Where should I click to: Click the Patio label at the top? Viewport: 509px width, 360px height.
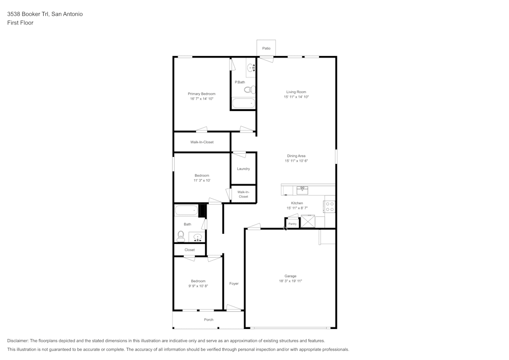click(266, 48)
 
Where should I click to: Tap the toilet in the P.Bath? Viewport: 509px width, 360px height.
click(248, 90)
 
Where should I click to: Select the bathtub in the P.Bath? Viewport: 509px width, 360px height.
click(243, 103)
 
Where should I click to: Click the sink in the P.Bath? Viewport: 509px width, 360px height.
click(251, 67)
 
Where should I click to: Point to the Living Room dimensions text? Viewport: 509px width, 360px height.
click(296, 97)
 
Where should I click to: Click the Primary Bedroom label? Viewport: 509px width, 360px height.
click(202, 94)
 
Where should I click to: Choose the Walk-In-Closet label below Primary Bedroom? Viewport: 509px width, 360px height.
click(202, 142)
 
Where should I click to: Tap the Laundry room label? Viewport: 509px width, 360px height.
click(243, 169)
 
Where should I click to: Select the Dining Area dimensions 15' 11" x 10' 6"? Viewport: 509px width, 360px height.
click(296, 161)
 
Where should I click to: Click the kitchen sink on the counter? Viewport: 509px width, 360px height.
click(302, 189)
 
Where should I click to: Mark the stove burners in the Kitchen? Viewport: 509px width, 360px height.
click(330, 206)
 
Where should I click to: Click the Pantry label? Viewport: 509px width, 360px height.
click(292, 224)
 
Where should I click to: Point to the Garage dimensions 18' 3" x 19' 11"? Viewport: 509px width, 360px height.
click(291, 281)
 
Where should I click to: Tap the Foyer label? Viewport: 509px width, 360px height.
click(234, 284)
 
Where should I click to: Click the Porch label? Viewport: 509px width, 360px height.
click(209, 320)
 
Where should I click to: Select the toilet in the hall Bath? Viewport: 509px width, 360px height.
click(181, 236)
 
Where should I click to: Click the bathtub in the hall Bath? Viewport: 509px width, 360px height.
click(186, 210)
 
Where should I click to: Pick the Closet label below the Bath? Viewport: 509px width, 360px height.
click(189, 250)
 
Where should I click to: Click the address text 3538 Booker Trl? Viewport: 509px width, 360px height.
click(28, 14)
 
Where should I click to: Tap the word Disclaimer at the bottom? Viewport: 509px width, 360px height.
click(18, 341)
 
